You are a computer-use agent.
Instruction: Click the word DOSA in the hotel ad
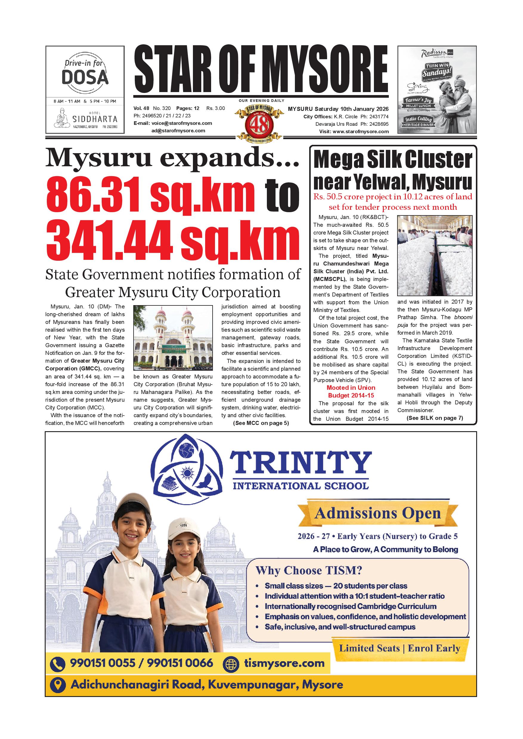coord(85,77)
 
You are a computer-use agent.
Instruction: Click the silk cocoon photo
coord(434,256)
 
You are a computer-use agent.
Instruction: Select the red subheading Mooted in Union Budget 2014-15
coord(351,391)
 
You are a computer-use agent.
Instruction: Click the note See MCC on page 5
coord(261,423)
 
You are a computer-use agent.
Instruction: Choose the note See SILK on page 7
coord(434,418)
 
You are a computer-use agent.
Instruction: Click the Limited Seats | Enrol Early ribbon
coord(399,648)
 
